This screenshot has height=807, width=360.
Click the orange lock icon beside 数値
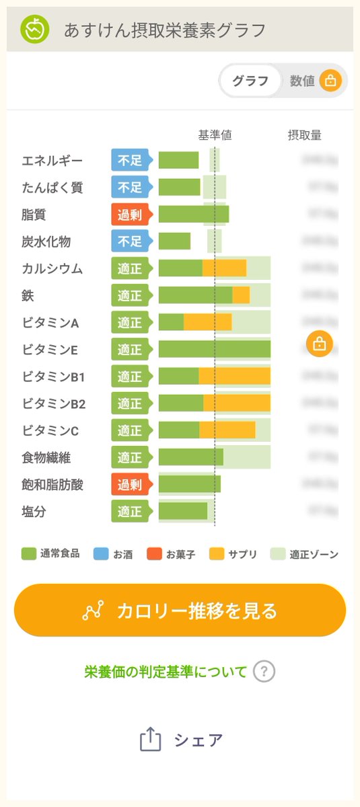330,81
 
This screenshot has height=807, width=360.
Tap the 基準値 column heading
215,135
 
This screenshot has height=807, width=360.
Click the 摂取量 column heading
304,135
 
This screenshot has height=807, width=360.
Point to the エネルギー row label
52,161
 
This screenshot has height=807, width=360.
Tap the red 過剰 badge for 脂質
131,215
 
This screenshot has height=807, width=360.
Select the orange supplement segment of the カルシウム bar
224,268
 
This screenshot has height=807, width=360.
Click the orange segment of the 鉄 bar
241,295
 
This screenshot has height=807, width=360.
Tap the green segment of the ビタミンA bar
171,322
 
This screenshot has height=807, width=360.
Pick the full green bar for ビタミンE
214,349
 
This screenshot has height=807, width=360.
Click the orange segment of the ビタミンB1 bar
234,376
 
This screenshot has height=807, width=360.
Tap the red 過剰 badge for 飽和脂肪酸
131,484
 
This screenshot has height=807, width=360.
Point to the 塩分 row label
34,512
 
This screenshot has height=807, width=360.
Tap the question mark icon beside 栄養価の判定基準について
264,671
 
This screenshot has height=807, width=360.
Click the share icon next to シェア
151,740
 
